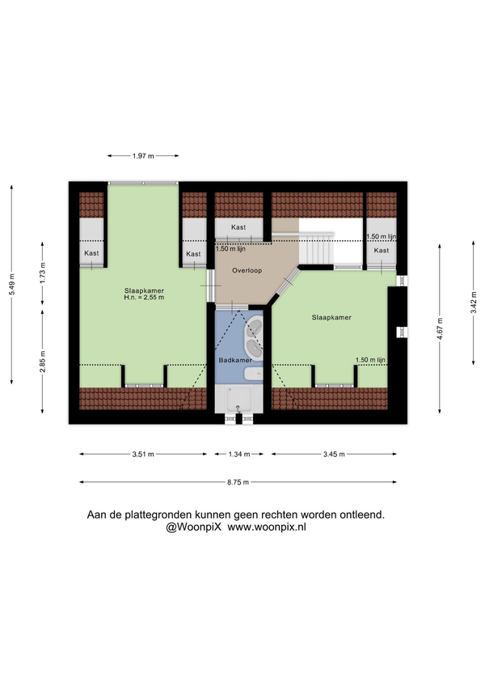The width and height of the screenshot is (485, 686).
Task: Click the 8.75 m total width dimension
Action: point(238,482)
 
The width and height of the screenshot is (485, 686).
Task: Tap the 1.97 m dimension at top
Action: point(143,156)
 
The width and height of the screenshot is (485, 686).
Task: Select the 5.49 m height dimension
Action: point(12,285)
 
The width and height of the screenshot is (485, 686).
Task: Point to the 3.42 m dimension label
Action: point(474,303)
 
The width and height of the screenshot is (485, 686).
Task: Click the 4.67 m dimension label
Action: point(440,328)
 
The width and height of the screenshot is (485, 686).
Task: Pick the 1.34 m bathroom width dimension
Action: point(239,454)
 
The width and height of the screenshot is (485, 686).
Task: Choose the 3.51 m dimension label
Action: point(143,454)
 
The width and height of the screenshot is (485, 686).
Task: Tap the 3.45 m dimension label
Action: point(334,454)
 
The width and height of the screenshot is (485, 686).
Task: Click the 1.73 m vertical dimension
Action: point(42,273)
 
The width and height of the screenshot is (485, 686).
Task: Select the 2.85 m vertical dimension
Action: point(42,362)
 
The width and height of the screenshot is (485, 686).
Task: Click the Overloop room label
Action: point(247,270)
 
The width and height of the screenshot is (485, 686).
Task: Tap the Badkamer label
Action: point(235,360)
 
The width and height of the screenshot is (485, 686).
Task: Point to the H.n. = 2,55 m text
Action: point(144,298)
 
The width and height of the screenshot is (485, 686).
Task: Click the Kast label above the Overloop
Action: point(238,227)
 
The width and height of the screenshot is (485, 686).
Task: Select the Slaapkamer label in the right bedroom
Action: point(331,318)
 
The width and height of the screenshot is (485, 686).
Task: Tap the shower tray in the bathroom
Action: point(238,399)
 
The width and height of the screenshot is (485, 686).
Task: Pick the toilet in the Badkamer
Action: point(253,374)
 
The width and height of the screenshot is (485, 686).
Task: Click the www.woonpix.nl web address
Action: point(267,527)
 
